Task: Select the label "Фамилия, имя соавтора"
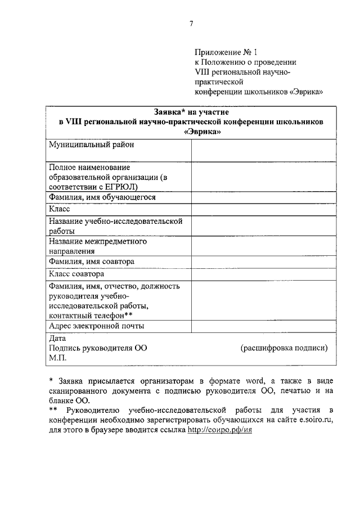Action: (92, 262)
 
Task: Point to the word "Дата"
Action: (57, 339)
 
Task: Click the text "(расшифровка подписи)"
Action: (284, 348)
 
